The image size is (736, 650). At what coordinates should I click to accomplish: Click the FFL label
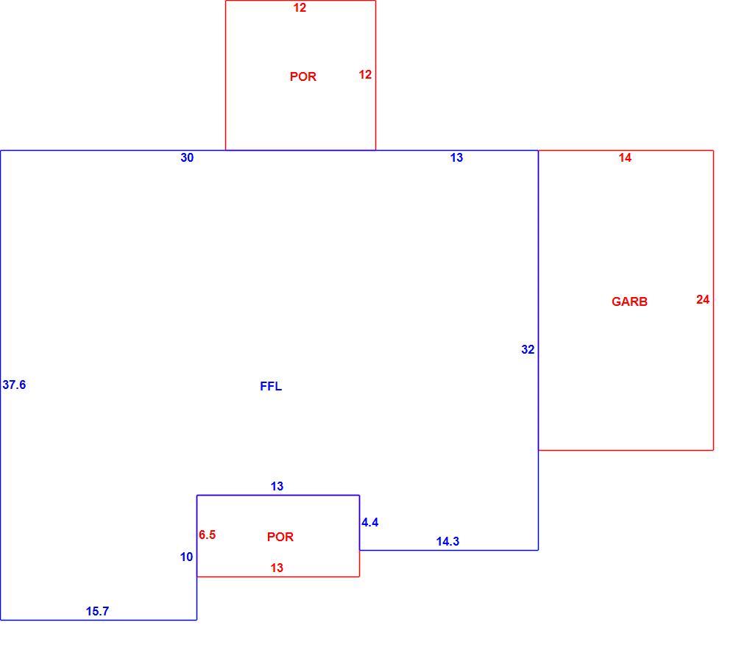coord(271,386)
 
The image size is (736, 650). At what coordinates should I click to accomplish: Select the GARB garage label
coord(629,301)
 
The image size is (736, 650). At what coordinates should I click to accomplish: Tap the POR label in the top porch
coord(303,76)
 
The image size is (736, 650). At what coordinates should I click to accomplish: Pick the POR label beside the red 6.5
coord(280,537)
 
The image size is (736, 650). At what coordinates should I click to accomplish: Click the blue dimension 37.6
coord(14,385)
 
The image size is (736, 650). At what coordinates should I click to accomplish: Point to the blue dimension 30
coord(187,157)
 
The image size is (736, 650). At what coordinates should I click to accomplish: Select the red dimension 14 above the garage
coord(625,157)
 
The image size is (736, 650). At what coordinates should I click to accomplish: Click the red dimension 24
coord(703,299)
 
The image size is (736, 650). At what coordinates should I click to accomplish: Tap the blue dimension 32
coord(528,349)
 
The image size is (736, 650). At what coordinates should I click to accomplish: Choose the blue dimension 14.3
coord(447,541)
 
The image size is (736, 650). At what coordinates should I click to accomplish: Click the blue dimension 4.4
coord(370,522)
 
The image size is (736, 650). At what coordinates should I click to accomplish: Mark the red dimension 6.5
coord(207,535)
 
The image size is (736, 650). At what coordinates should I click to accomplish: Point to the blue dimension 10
coord(186,557)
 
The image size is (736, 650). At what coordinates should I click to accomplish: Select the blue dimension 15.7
coord(97,611)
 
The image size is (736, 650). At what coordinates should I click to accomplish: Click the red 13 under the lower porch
coord(277,568)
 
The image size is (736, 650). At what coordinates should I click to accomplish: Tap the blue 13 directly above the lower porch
coord(277,486)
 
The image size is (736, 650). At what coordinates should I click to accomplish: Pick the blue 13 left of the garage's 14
coord(456,157)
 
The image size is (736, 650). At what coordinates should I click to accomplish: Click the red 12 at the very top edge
coord(300,7)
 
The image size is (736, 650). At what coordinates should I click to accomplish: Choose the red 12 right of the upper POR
coord(365,74)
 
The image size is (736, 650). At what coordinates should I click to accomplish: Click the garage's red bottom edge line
coord(626,450)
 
